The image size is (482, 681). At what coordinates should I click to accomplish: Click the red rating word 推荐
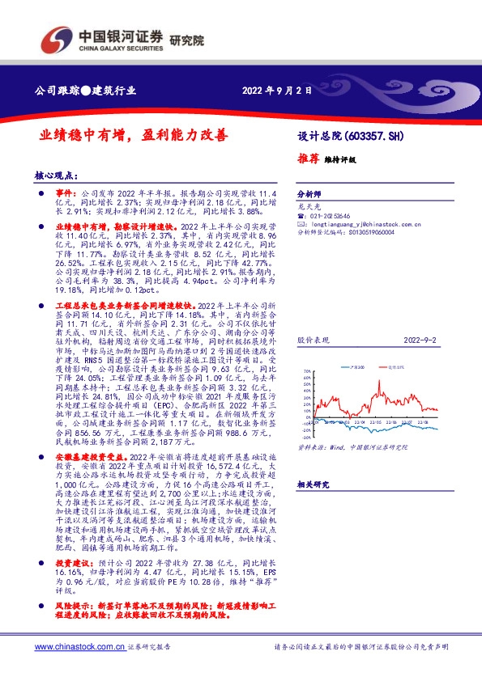tap(309, 160)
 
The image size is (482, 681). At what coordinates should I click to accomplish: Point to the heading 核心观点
tap(56, 175)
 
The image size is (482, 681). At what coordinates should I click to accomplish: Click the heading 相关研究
tap(312, 484)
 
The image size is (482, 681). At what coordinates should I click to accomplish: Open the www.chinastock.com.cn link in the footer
tap(79, 647)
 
